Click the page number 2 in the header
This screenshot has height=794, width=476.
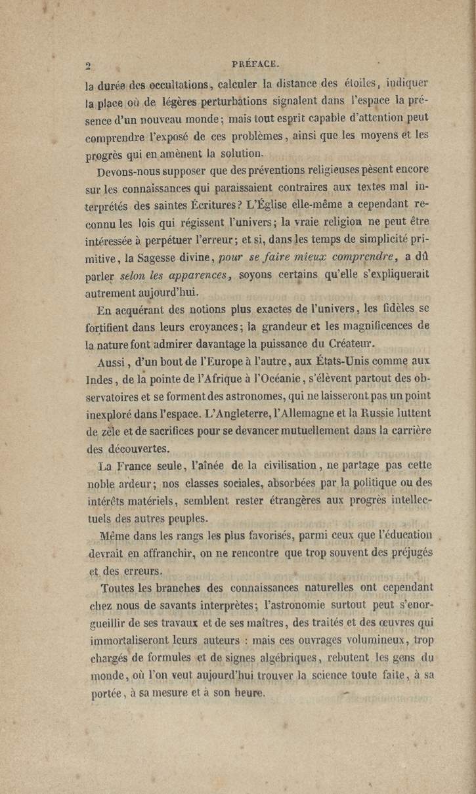click(87, 65)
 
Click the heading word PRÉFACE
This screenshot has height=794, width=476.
click(256, 64)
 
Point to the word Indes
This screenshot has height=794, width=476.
click(100, 379)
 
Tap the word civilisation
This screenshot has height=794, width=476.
click(292, 465)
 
